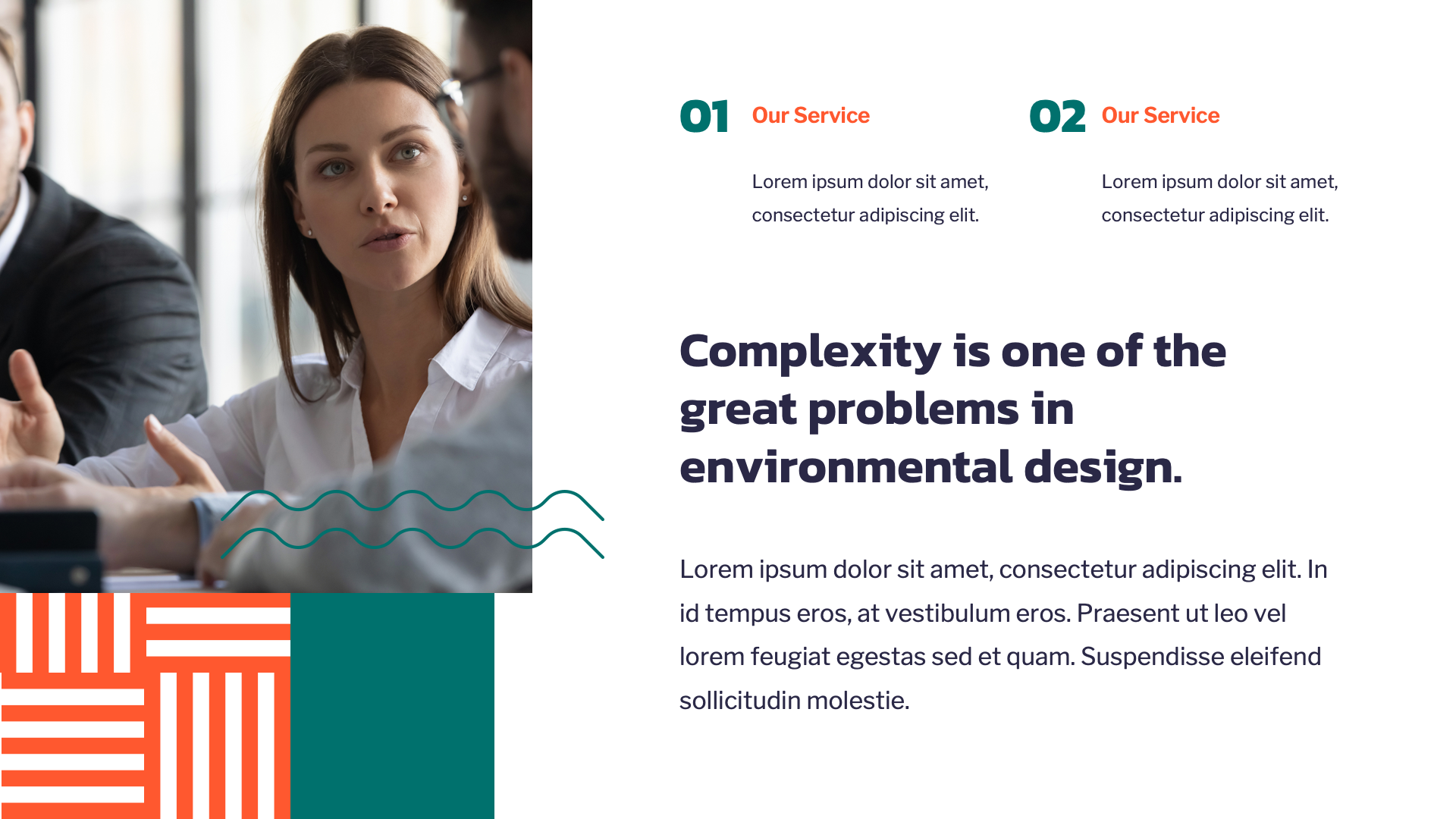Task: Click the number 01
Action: pos(704,117)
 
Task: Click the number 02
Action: pos(1057,117)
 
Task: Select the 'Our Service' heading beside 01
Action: pos(810,115)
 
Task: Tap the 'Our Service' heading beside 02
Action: pos(1159,115)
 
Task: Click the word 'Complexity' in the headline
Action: pos(809,352)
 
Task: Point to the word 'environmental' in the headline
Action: pos(846,467)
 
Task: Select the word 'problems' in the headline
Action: pos(913,409)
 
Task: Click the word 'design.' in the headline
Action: pos(1103,467)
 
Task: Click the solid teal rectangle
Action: pos(392,705)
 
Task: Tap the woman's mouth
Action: pos(387,239)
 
